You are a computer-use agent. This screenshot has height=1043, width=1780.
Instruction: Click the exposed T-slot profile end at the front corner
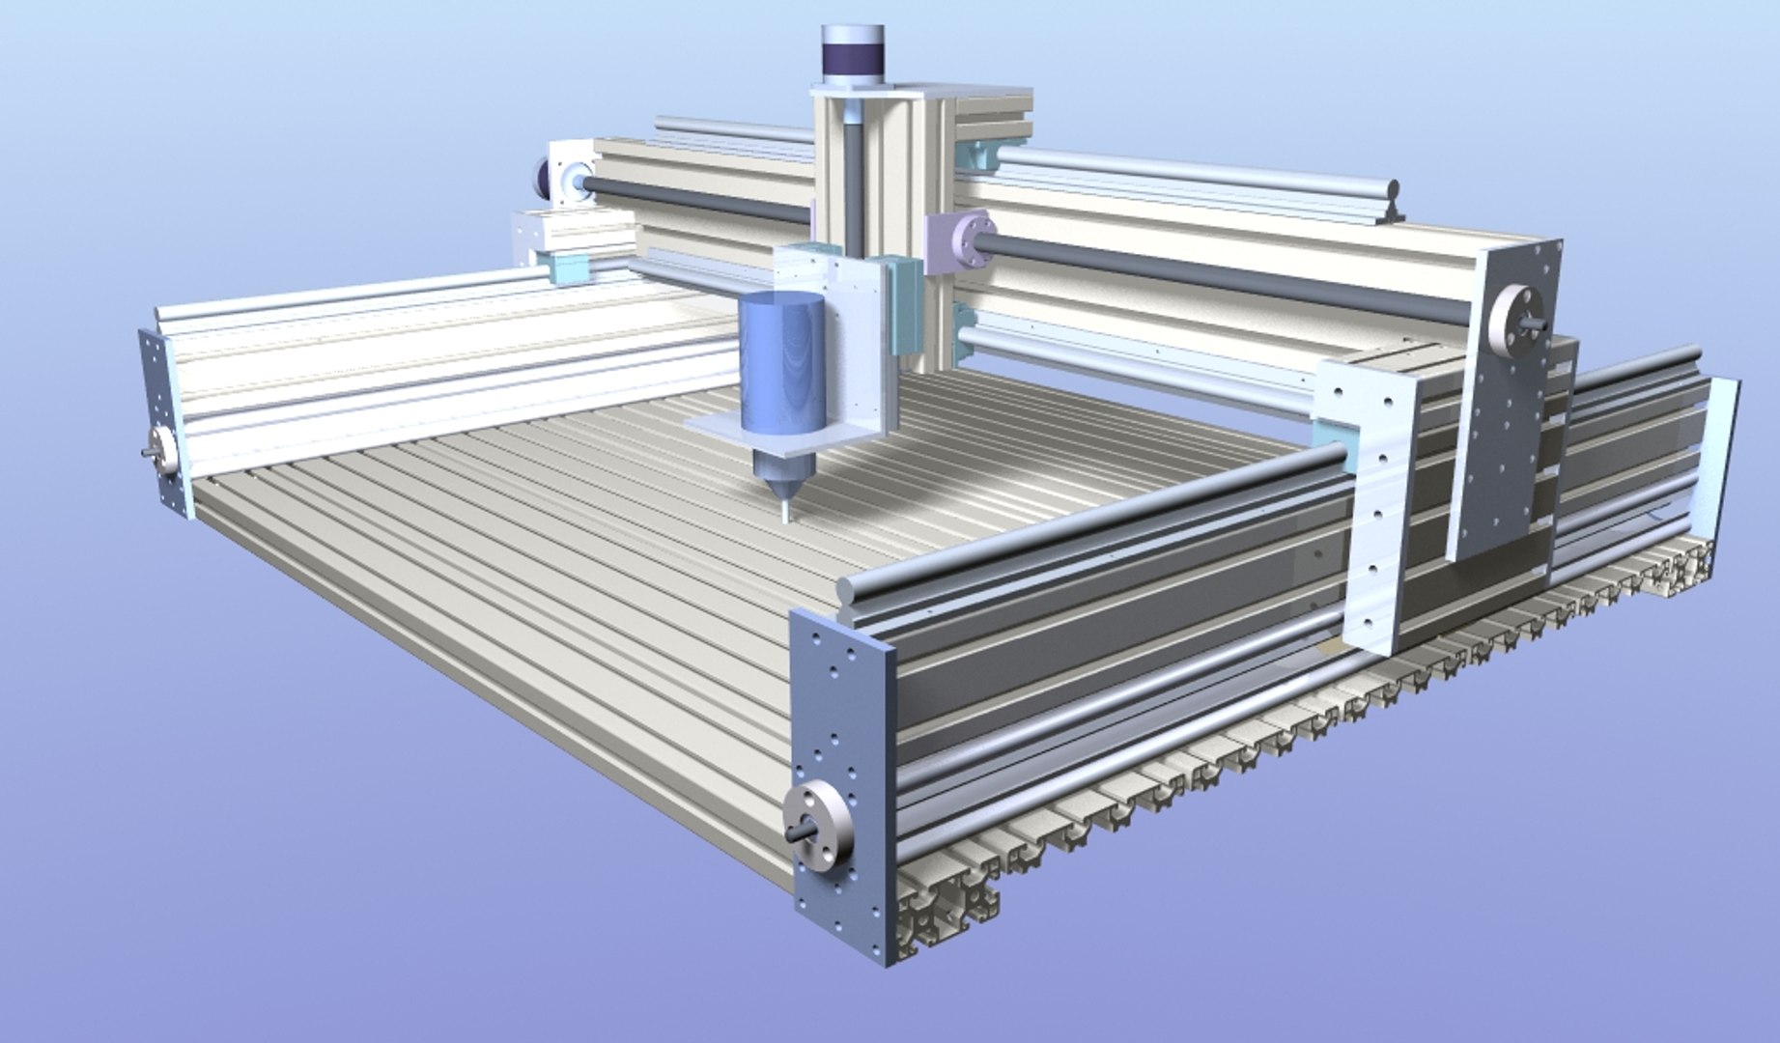coord(947,898)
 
